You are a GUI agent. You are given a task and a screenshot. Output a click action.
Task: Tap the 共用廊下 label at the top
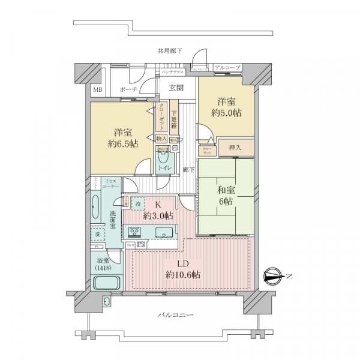coord(170,51)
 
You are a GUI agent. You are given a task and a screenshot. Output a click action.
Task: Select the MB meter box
coord(97,90)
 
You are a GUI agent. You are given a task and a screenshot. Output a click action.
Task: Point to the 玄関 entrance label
coord(176,88)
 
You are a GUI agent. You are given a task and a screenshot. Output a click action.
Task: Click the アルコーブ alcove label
coord(227,68)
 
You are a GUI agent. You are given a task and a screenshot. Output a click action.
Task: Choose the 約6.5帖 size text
coord(122,144)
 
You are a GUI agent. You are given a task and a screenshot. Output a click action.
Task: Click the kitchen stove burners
coord(133,232)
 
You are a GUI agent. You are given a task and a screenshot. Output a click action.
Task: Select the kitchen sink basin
coord(164,232)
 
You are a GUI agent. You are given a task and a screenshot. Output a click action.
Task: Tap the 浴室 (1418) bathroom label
coord(103,265)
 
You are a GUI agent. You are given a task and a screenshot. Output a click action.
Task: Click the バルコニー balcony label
coord(175,314)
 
